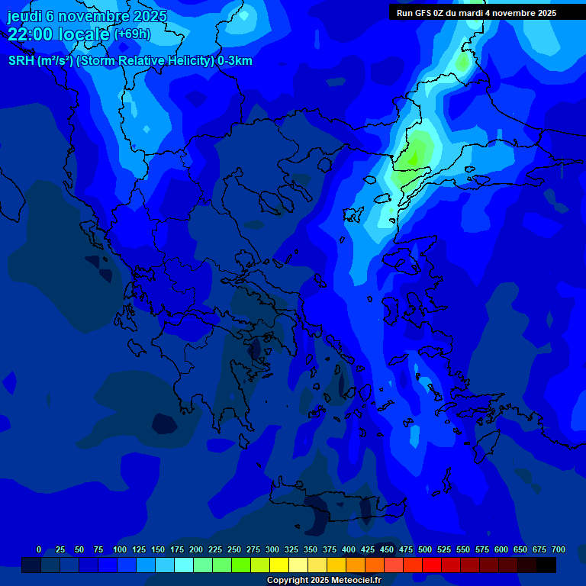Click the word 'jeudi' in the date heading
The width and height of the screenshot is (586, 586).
[x=24, y=16]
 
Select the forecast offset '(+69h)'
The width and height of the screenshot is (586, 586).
[x=132, y=34]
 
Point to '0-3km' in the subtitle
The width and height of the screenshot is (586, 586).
[x=235, y=61]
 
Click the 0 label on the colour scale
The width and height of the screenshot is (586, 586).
[x=39, y=549]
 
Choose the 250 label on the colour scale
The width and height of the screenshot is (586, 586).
[x=234, y=549]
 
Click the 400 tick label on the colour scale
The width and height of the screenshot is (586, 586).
[x=349, y=549]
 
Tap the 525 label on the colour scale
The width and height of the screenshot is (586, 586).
[x=444, y=549]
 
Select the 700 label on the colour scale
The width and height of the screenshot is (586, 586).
[x=559, y=549]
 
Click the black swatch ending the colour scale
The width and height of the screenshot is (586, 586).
[x=546, y=565]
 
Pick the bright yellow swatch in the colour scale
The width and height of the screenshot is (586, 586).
[x=279, y=565]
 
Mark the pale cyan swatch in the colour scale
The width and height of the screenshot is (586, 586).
[x=184, y=565]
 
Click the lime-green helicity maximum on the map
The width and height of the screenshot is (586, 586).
[x=414, y=156]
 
